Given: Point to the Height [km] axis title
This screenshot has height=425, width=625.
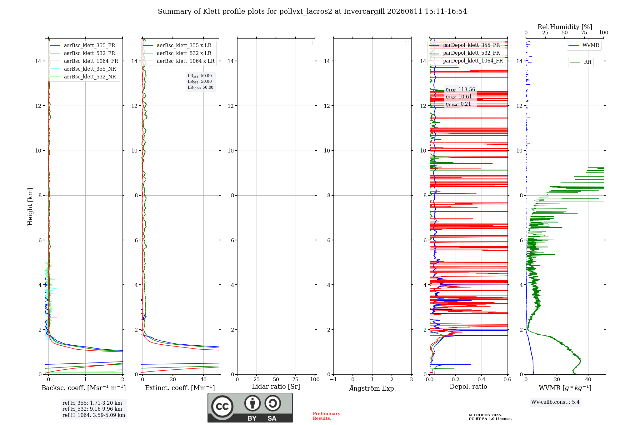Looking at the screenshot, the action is coord(30,207).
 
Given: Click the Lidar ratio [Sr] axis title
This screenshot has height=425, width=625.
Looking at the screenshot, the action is coord(276,387).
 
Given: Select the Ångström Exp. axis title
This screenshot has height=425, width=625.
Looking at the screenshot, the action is coord(372,388).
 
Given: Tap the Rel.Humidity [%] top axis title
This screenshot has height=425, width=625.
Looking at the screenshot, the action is coord(565,27).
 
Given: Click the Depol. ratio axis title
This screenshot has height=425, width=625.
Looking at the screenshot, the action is coord(468,387).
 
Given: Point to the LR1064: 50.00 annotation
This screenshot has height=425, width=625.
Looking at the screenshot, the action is coord(200,87).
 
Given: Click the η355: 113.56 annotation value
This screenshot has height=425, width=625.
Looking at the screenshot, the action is coord(460,90).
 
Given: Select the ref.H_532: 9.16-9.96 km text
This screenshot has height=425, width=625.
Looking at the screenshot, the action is coord(92,409).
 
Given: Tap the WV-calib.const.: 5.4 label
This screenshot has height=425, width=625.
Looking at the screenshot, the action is coord(555,402).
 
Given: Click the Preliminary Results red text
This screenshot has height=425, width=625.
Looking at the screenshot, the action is coord(327,416).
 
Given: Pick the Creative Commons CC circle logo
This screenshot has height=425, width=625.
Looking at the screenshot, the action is coord(222,406).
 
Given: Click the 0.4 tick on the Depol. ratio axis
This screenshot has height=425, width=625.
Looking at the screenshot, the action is coord(482,379).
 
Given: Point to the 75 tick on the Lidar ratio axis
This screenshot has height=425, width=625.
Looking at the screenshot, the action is coord(295,379).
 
